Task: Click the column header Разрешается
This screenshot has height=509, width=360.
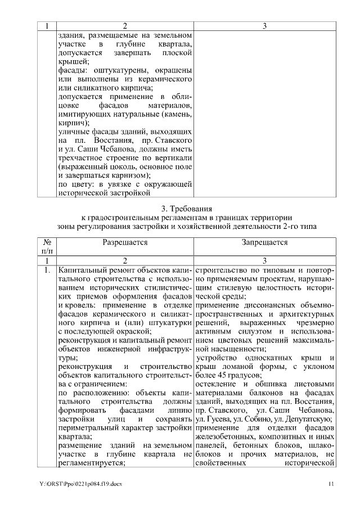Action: pos(125,242)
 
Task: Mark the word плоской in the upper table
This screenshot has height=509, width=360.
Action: pos(176,52)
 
